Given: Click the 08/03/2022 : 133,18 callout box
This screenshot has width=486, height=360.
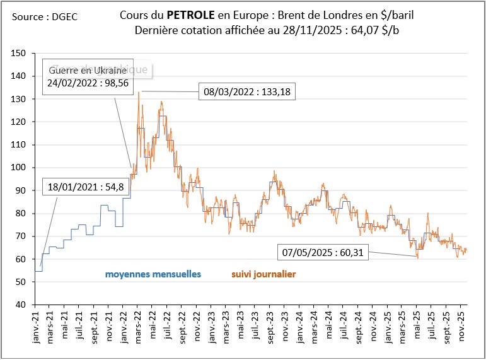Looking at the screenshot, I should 246,92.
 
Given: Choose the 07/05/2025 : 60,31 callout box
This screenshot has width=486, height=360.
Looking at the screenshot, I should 323,253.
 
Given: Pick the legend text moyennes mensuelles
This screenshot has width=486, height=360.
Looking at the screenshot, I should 153,274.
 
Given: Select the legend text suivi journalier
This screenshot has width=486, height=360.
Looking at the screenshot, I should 263,274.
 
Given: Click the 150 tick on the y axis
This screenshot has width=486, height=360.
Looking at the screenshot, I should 21,54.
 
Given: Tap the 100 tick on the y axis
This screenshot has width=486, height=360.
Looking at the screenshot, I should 21,168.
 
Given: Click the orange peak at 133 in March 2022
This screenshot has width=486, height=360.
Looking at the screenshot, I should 138,93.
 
